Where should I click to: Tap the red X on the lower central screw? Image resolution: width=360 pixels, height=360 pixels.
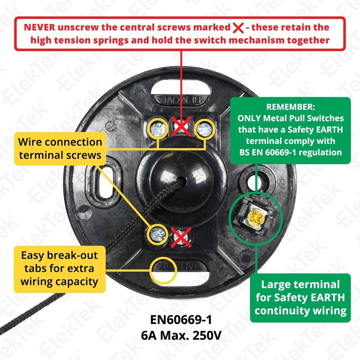click(181, 236)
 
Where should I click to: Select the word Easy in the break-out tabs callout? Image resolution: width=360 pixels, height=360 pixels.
click(34, 256)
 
